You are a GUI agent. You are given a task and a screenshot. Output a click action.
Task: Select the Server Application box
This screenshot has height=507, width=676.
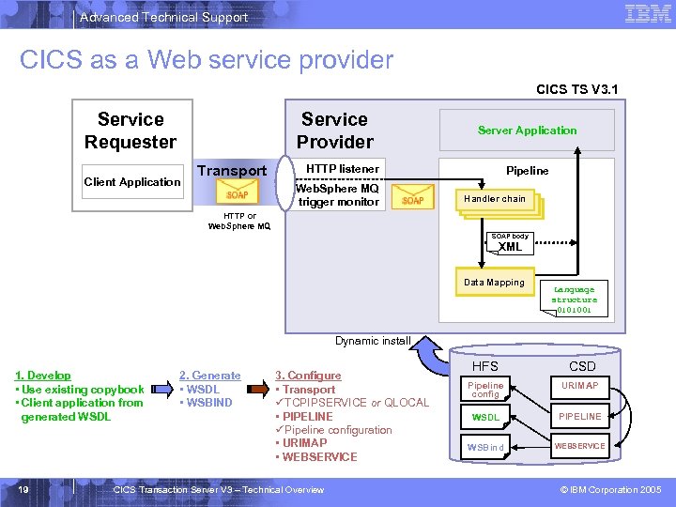(x=527, y=131)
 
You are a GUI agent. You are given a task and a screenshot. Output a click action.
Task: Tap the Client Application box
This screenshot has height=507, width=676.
(x=132, y=182)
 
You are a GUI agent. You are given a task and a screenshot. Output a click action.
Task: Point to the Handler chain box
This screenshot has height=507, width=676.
(x=495, y=199)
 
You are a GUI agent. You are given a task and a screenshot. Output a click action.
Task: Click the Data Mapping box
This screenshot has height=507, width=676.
(x=494, y=282)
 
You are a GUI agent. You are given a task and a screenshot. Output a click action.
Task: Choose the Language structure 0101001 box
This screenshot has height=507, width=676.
(x=574, y=300)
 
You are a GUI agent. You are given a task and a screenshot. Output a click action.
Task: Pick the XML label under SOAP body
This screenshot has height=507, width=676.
(x=510, y=247)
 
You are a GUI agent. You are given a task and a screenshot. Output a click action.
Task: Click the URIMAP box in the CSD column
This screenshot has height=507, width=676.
(x=579, y=386)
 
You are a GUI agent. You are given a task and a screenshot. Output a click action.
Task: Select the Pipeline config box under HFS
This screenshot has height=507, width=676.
(x=485, y=390)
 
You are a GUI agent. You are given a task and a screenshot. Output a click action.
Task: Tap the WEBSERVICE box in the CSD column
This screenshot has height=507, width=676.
(x=579, y=446)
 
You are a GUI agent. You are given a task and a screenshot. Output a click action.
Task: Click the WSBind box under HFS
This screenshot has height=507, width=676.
(x=485, y=446)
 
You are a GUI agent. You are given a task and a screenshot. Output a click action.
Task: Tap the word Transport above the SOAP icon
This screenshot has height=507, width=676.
(x=232, y=171)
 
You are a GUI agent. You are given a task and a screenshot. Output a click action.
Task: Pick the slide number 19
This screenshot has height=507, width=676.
(x=23, y=489)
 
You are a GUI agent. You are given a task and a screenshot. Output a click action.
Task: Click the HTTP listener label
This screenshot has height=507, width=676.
(x=344, y=169)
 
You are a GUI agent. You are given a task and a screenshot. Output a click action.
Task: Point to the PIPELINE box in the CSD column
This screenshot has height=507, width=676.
(x=579, y=416)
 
